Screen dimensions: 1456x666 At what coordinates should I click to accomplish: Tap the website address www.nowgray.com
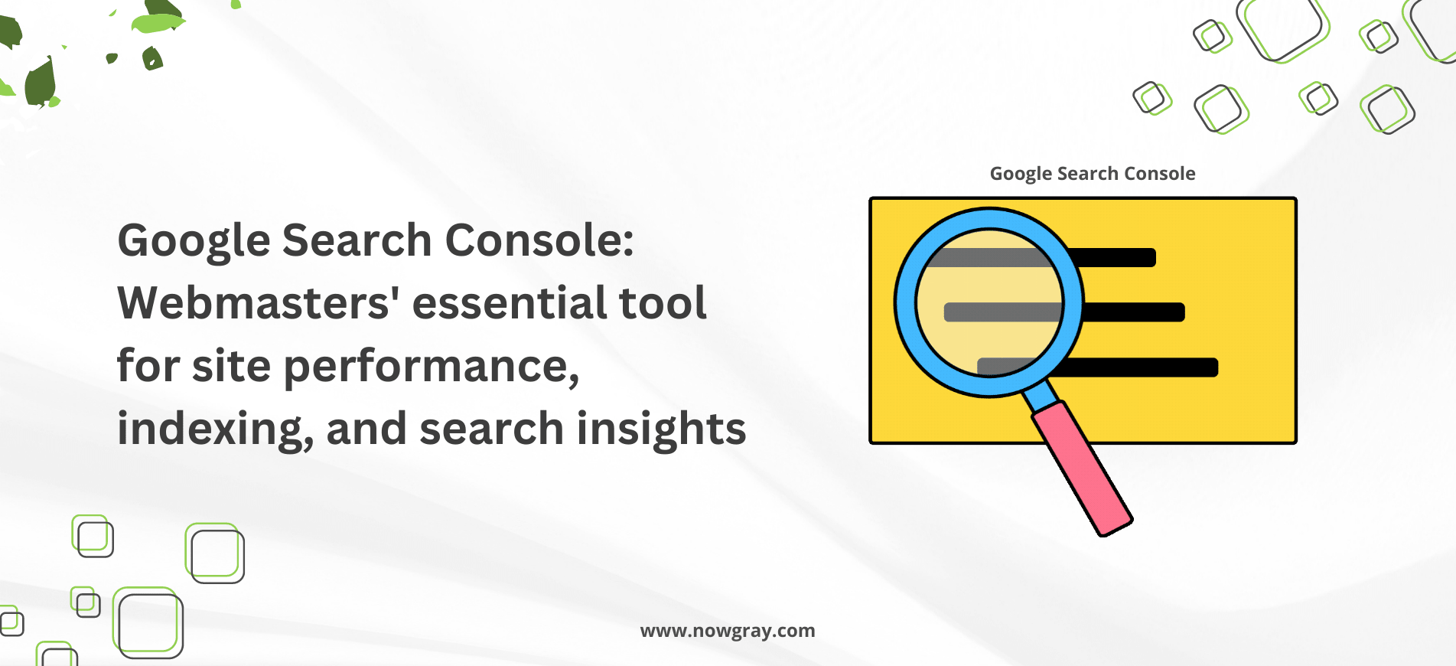[728, 632]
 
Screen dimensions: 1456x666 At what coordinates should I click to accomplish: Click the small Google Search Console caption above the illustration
[1093, 175]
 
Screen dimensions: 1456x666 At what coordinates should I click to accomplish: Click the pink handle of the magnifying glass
[1082, 468]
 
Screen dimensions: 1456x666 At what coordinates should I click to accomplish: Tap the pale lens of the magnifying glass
[989, 302]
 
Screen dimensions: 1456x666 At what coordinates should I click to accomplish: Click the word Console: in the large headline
[539, 240]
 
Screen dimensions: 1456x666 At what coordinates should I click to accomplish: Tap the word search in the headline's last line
[492, 429]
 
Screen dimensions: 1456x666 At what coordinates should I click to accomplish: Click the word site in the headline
[231, 366]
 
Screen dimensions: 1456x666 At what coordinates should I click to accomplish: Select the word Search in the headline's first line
[357, 240]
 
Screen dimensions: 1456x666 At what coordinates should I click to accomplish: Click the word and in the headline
[366, 429]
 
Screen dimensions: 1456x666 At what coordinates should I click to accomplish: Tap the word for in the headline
[148, 365]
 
